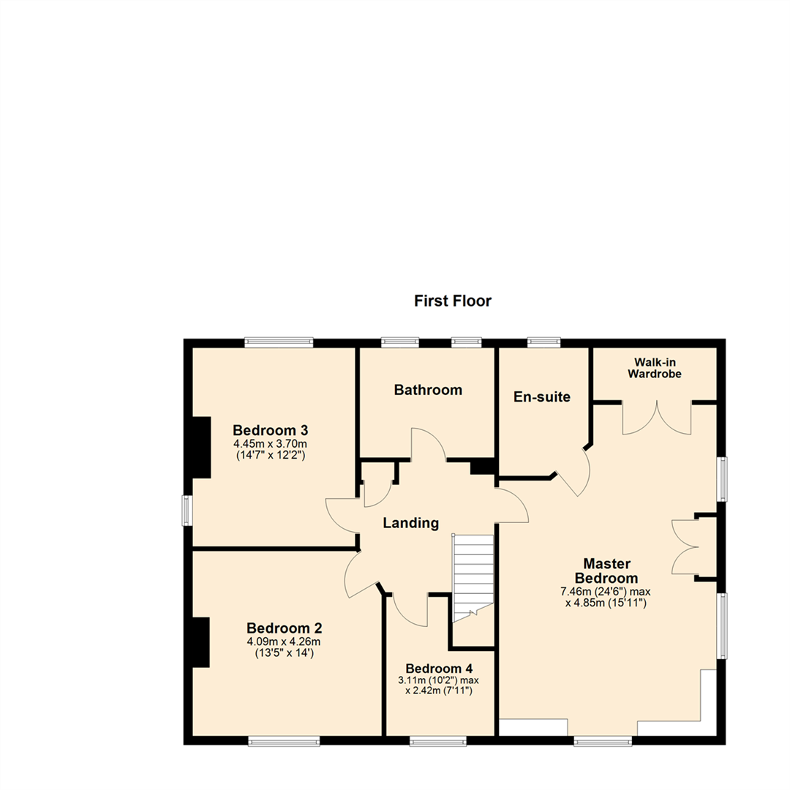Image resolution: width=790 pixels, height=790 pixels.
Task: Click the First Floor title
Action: [x=453, y=301]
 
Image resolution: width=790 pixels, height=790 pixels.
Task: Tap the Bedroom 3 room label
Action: [x=270, y=430]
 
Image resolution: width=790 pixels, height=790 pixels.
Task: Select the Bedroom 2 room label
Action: [x=284, y=628]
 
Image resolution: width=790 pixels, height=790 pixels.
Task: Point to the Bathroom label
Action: [x=428, y=390]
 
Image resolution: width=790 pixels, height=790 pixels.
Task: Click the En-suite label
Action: [x=542, y=397]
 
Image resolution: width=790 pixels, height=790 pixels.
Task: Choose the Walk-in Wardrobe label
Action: [x=655, y=368]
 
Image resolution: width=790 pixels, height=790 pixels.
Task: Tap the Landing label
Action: [x=410, y=523]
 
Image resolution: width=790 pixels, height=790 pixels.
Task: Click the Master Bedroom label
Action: [x=606, y=571]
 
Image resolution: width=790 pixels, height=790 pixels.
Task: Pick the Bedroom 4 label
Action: [x=439, y=669]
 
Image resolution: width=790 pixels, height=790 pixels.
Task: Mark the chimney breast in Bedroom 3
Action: [x=201, y=448]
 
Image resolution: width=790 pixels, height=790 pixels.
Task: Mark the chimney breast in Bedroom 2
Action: [x=201, y=642]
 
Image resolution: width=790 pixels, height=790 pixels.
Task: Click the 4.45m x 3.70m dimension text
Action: [x=270, y=444]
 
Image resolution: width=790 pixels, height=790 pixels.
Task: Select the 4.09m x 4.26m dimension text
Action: [x=284, y=642]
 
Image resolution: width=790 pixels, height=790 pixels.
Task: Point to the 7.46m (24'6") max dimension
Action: [x=606, y=592]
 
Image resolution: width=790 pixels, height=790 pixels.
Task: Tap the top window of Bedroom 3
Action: [x=279, y=342]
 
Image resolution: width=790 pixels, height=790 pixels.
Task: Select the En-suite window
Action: [x=544, y=342]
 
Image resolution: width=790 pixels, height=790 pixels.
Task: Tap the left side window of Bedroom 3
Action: [x=187, y=511]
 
